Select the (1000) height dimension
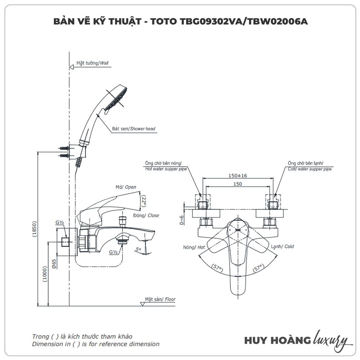click(45, 274)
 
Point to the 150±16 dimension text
click(237, 175)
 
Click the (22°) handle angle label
click(143, 201)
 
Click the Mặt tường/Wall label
click(92, 63)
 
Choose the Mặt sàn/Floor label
click(160, 299)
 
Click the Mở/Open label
click(126, 187)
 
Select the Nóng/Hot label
click(194, 247)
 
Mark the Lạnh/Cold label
click(282, 247)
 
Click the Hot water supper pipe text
click(166, 168)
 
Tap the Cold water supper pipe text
click(309, 168)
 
